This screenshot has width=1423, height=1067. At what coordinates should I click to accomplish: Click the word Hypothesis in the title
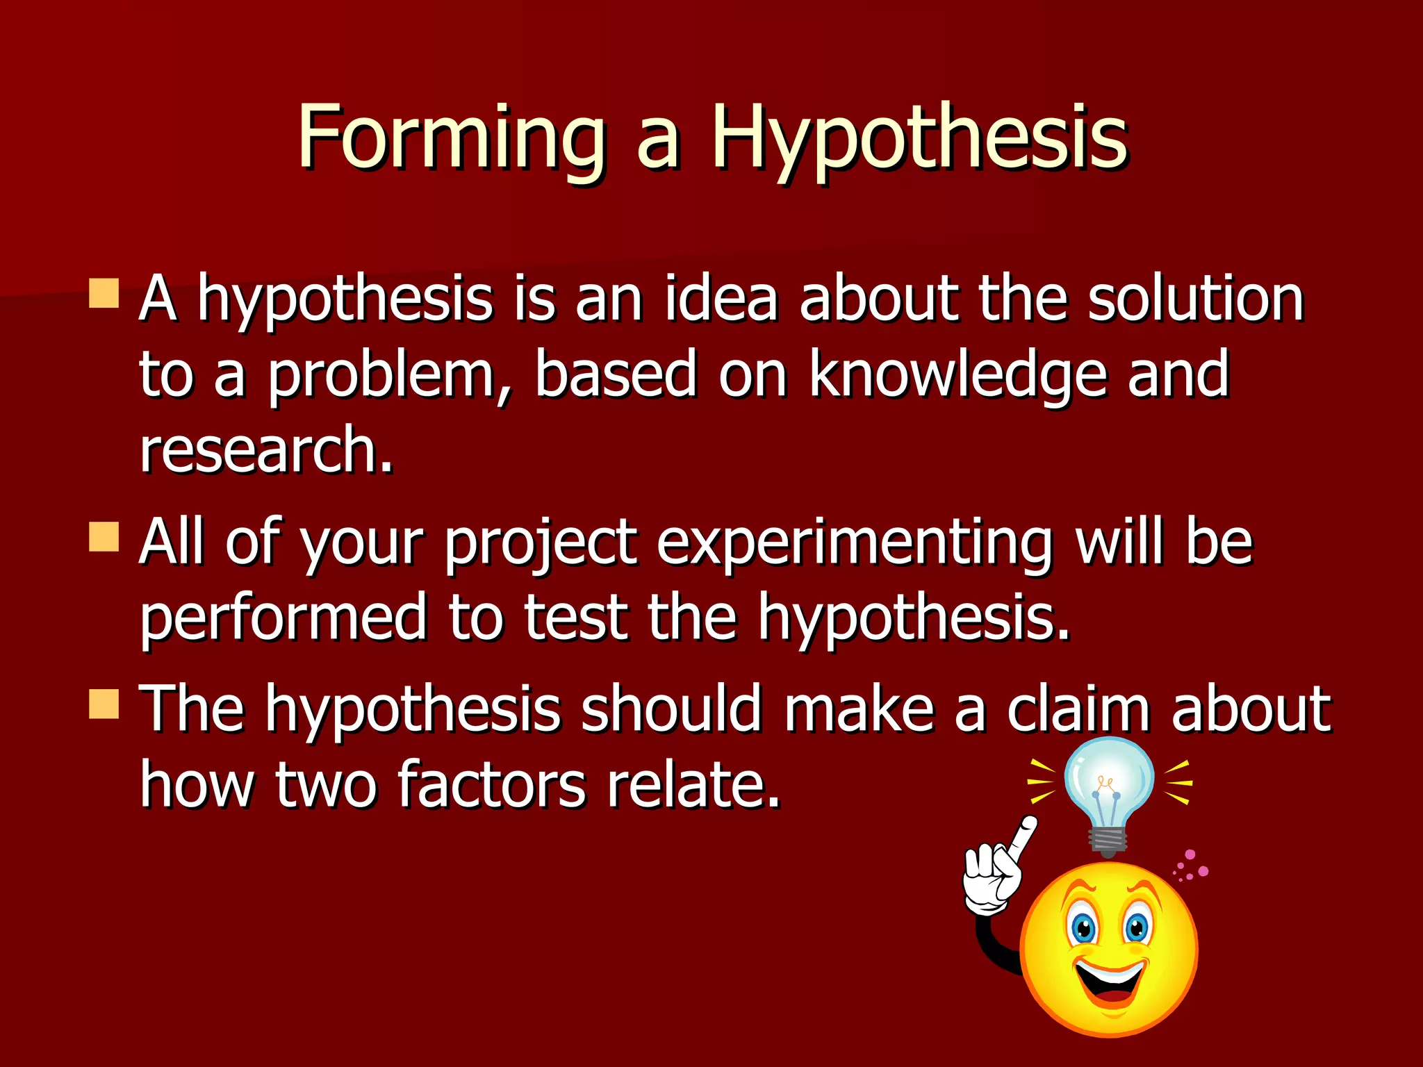pyautogui.click(x=919, y=139)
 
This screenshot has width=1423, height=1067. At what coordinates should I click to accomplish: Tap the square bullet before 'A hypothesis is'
pyautogui.click(x=104, y=293)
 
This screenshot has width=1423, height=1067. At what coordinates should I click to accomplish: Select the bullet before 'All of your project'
pyautogui.click(x=104, y=537)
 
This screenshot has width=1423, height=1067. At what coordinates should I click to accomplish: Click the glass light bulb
pyautogui.click(x=1109, y=781)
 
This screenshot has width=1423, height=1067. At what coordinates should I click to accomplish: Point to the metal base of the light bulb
pyautogui.click(x=1109, y=841)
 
